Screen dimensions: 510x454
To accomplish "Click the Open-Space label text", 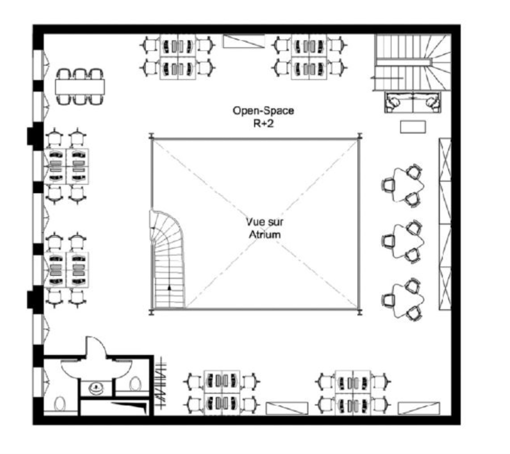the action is (x=263, y=111).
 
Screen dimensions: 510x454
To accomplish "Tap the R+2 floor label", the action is (x=263, y=124).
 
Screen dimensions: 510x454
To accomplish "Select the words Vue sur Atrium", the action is (x=265, y=228).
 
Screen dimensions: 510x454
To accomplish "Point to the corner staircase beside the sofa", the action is (x=412, y=62).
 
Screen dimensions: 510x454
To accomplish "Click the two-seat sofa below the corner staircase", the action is (x=413, y=102).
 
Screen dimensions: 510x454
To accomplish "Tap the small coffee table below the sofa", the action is (x=413, y=127).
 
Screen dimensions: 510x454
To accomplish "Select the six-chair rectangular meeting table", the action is (x=80, y=87).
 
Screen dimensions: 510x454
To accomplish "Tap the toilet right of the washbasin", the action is (x=135, y=384).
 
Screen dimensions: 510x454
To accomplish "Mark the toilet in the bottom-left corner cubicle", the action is (x=60, y=404).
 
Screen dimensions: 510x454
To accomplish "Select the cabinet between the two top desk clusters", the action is (x=244, y=41).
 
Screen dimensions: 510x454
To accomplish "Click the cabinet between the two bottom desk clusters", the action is (x=287, y=408).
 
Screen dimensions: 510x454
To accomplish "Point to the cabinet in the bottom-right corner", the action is (x=419, y=408).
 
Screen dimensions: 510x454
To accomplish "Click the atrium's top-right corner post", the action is (x=360, y=136).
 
